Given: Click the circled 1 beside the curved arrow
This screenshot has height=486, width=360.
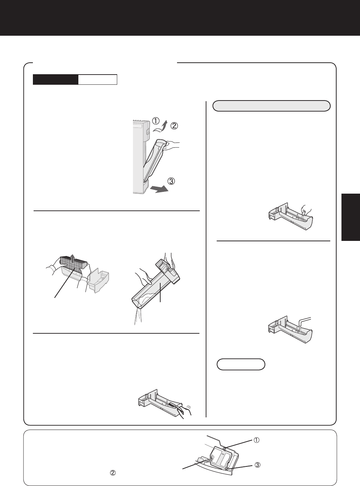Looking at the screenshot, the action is [156, 121].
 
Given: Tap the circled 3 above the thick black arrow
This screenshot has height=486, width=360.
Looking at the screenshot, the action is [171, 181].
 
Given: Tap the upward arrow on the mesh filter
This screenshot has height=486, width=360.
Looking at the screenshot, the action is [72, 258].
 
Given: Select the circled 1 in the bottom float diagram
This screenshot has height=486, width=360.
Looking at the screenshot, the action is [256, 440].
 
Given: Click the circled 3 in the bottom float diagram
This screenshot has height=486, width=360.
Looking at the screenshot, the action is [257, 465].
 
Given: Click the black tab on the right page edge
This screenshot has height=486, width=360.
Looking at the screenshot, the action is [351, 217].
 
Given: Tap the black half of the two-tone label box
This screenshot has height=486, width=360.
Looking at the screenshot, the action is [56, 79].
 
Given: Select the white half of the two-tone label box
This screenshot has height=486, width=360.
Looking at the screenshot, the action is [98, 79].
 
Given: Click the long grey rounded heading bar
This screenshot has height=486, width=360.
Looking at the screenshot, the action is [271, 106].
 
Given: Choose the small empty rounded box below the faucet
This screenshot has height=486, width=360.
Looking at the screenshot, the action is [241, 364].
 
